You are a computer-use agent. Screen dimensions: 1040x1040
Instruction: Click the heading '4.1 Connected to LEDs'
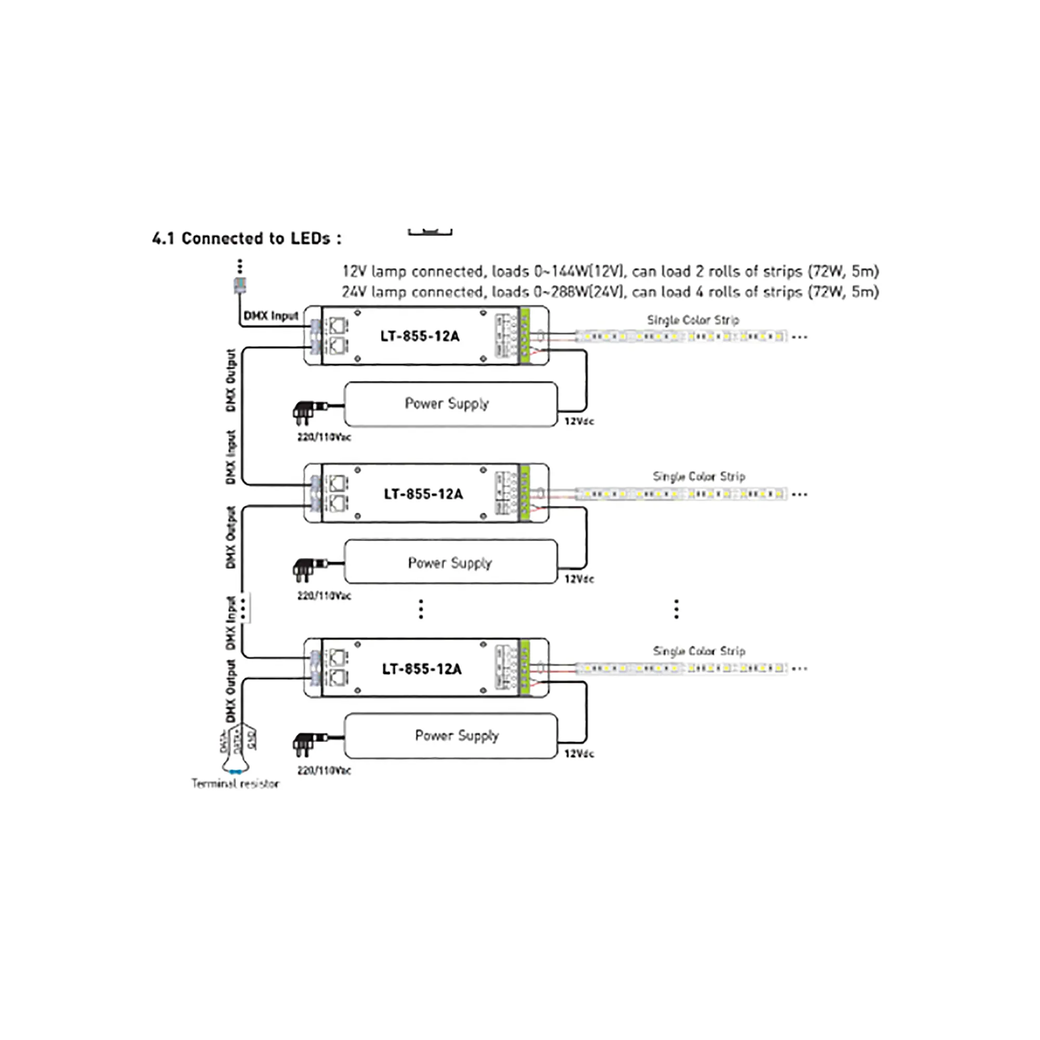tap(246, 239)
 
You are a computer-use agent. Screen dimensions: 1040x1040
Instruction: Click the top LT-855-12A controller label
tap(420, 336)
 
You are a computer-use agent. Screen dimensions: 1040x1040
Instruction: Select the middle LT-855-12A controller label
tap(423, 493)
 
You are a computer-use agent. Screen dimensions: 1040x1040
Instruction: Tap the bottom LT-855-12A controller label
tap(422, 669)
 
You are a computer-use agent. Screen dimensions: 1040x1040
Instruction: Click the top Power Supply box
tap(450, 404)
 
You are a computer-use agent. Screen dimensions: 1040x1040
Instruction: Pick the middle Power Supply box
tap(450, 562)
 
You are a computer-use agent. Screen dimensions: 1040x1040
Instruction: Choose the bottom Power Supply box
tap(450, 736)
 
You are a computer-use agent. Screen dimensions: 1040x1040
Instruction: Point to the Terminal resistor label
tap(235, 784)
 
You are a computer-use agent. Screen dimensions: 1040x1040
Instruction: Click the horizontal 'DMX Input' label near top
tap(271, 316)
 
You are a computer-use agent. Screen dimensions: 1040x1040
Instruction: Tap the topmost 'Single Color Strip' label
tap(693, 320)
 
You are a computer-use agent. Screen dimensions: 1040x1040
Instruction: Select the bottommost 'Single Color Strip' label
tap(699, 652)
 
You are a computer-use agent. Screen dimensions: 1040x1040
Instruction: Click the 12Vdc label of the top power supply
tap(579, 422)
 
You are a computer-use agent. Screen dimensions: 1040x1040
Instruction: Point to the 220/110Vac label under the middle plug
tap(324, 596)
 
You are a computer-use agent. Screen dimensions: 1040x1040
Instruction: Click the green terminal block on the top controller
tap(525, 335)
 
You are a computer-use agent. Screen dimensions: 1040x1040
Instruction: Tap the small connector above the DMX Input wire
tap(240, 285)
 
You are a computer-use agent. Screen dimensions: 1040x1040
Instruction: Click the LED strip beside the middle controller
tap(681, 494)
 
